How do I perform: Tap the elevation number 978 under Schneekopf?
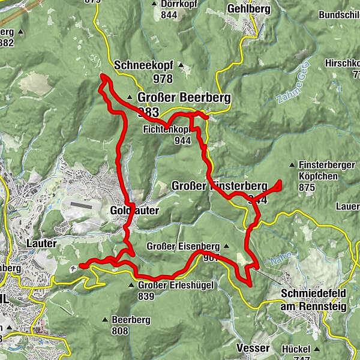click(162, 79)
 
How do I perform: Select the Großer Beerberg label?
click(175, 98)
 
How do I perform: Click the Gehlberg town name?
click(249, 9)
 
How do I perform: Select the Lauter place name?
click(41, 244)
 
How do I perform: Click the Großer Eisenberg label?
click(183, 246)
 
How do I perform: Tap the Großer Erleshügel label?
click(176, 285)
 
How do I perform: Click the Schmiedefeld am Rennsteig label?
click(313, 301)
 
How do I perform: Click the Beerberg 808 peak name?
click(131, 320)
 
